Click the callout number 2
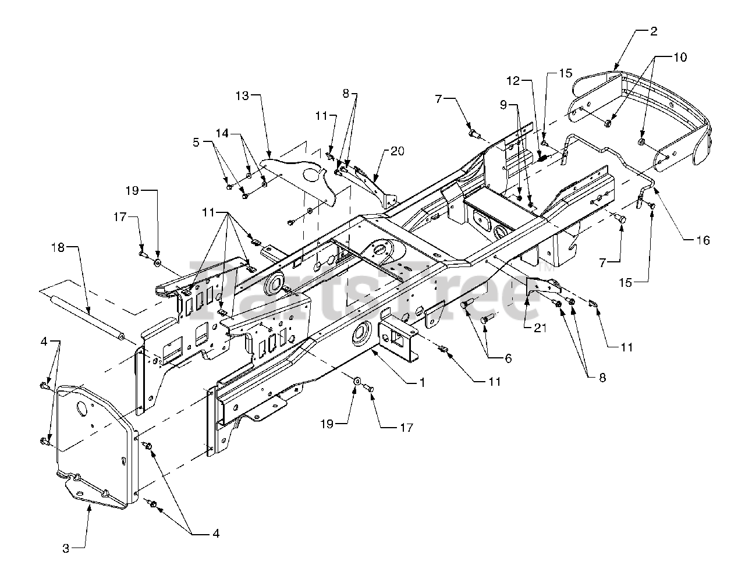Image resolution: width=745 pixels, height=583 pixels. point(654,31)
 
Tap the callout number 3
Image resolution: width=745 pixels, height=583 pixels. point(66,549)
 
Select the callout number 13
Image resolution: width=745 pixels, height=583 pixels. point(242,95)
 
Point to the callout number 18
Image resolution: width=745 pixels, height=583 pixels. point(58,247)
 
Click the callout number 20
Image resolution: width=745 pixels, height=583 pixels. point(397,151)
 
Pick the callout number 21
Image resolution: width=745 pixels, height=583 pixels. point(540,328)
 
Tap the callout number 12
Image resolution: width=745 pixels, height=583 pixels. point(513,81)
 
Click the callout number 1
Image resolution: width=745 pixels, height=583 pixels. point(423,382)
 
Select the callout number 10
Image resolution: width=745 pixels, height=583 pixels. point(680,57)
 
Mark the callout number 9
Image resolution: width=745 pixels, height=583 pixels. point(503,105)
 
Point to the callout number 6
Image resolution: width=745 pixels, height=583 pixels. point(509,358)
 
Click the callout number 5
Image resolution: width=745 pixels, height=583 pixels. point(196,142)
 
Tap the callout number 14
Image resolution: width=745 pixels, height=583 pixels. point(222,133)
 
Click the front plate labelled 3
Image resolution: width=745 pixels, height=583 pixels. point(98,446)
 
